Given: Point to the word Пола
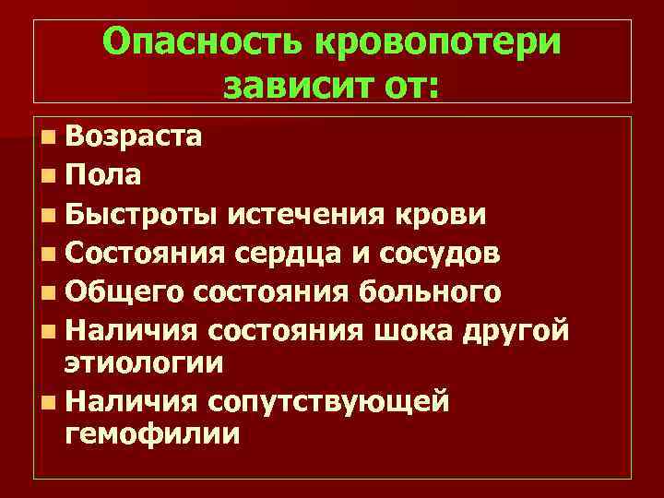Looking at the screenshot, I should coord(103,175).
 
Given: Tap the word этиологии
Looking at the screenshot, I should coord(144,362).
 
